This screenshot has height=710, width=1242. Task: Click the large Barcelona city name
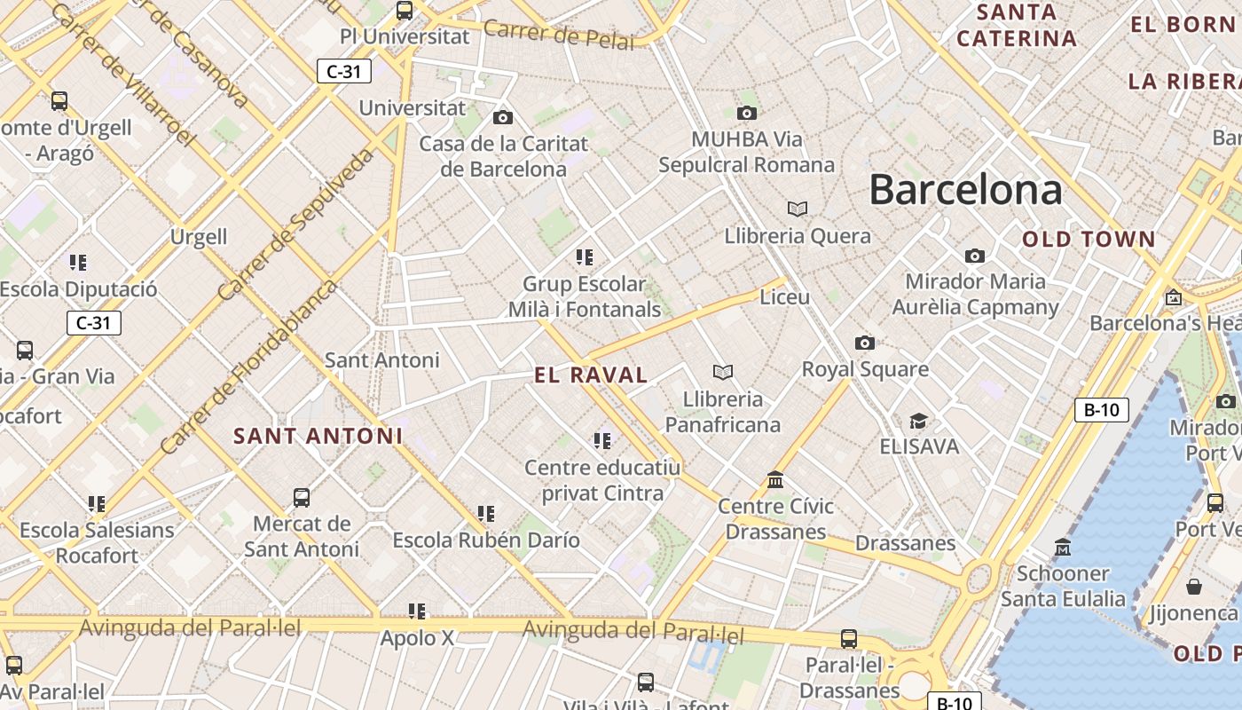coord(965,190)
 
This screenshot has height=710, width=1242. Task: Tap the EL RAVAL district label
coord(591,375)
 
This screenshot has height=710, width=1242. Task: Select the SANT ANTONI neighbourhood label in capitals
coord(318,436)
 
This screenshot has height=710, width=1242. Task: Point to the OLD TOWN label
coord(1089,239)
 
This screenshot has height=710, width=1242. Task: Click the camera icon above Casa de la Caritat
coord(503,117)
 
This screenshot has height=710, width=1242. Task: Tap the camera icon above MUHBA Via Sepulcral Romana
coord(747,113)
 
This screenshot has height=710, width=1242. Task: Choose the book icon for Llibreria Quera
coord(798,209)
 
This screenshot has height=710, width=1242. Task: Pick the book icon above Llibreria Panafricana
coord(723,372)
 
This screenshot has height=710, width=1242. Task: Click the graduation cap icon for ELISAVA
coord(919,420)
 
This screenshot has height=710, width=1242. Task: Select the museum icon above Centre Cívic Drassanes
coord(776,480)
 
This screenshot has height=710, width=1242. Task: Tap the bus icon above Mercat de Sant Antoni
coord(302,497)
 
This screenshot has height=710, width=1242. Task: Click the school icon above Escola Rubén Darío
coord(486,513)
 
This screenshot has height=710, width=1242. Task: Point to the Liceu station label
coord(785,296)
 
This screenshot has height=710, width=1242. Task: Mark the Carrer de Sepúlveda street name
coord(296,224)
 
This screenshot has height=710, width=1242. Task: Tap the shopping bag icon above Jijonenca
coord(1194,587)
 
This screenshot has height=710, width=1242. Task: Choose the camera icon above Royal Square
coord(865,343)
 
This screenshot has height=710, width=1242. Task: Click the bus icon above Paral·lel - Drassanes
coord(849,638)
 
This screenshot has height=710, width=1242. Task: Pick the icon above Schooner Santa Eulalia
coord(1063,546)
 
